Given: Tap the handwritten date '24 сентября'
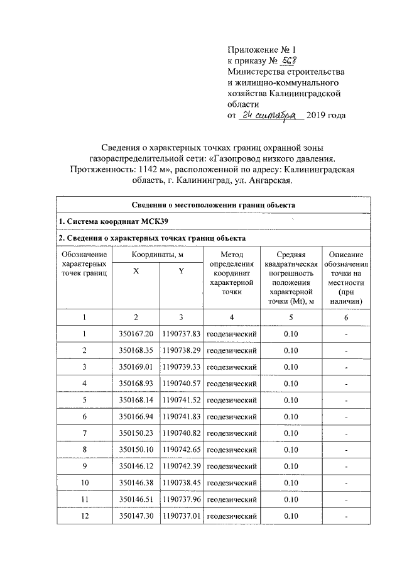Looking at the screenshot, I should click(271, 116).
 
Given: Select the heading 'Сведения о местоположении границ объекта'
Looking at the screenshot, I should click(214, 205).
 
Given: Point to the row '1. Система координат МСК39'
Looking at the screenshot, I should click(113, 222).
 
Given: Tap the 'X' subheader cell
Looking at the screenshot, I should click(136, 270).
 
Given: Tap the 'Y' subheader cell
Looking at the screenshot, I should click(181, 270).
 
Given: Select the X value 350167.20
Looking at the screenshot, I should click(136, 334).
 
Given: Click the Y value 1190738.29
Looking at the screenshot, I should click(181, 350).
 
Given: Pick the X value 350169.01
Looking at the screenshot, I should click(136, 367).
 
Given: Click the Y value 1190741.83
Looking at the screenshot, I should click(181, 416).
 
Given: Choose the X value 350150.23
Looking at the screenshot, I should click(136, 433).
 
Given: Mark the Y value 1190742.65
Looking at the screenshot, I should click(181, 450).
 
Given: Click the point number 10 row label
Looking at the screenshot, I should click(84, 482).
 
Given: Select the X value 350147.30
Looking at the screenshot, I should click(136, 516).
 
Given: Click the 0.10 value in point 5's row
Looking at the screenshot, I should click(290, 400).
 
